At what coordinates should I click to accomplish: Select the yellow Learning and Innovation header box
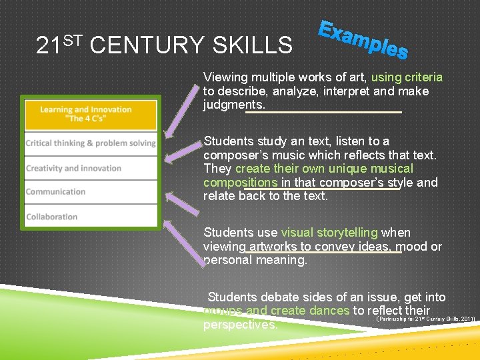[x=91, y=114]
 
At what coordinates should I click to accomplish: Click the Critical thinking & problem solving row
[x=91, y=143]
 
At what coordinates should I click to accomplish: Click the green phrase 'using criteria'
[x=407, y=77]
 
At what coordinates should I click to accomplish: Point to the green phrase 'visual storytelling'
[x=329, y=233]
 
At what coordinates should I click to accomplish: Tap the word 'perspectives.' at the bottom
[x=240, y=325]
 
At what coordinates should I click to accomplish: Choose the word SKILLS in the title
[x=251, y=45]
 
